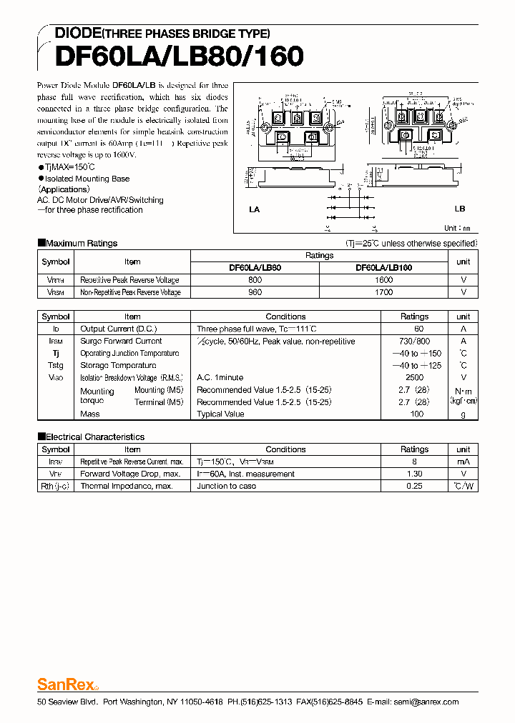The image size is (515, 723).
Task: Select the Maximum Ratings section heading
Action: coord(81,243)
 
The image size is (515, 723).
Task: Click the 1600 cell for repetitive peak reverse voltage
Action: coord(383,280)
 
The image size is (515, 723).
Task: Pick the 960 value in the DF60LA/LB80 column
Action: coord(255,292)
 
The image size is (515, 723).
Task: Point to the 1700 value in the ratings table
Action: coord(383,292)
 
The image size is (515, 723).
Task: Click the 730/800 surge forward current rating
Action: coord(414,341)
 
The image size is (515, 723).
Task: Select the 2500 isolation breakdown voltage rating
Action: coord(414,378)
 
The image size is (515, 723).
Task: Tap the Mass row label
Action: coord(90,414)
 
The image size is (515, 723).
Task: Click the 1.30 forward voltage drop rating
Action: coord(414,474)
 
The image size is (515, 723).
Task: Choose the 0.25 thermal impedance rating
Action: coord(414,487)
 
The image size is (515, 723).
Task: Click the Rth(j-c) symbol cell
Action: coord(56,487)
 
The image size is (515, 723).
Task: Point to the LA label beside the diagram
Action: coord(254,209)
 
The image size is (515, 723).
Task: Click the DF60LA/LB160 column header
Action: coord(383,268)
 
